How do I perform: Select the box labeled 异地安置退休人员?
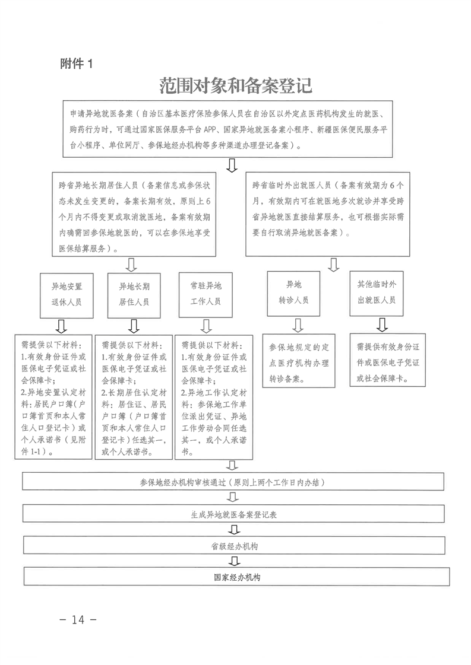tap(66, 293)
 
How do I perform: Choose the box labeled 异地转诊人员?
tap(294, 292)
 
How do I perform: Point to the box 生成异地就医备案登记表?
tap(234, 514)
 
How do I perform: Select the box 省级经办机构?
tap(234, 545)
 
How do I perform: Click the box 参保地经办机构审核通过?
tap(234, 482)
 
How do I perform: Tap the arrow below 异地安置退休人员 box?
tap(61, 326)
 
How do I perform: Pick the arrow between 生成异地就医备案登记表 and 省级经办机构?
tap(234, 530)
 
